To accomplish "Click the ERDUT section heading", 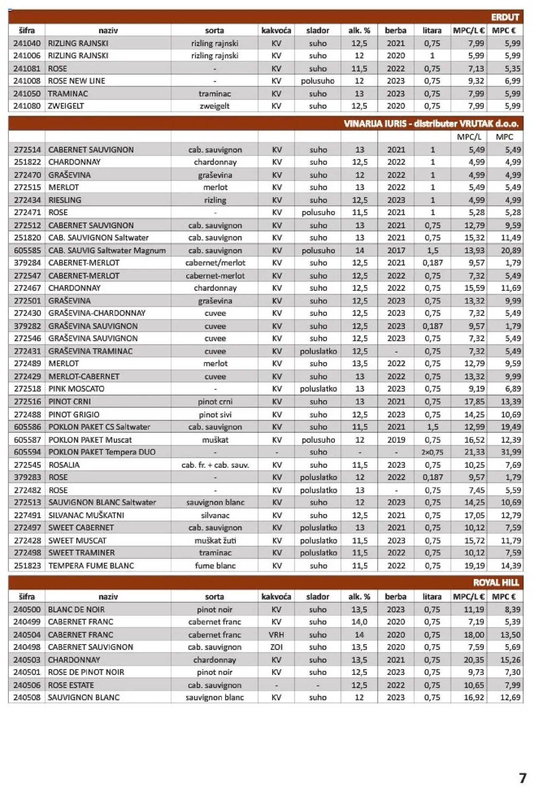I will coord(504,17).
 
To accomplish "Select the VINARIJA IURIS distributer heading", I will coord(431,124).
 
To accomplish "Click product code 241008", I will coord(27,81).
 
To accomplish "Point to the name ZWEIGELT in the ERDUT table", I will coord(66,106).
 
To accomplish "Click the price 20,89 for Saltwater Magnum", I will coord(511,250).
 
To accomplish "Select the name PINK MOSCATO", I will coord(76,388).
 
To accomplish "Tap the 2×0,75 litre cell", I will coord(432,452).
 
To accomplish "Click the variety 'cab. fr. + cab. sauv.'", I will coord(215,465).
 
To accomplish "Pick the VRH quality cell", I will coord(276,635).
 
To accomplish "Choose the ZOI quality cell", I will coord(276,647).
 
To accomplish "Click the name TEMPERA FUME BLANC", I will coord(91,566).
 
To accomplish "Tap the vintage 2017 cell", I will coord(396,250).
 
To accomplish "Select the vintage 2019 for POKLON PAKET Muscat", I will coord(396,439).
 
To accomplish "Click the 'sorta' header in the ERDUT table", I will coord(214,30).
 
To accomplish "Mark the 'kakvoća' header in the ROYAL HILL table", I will coord(276,597).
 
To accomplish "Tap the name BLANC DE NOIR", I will coord(76,609).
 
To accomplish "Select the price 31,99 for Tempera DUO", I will coord(511,452).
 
